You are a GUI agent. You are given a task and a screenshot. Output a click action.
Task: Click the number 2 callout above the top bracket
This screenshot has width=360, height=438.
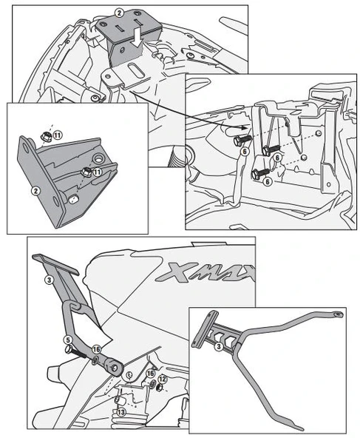[x=118, y=13]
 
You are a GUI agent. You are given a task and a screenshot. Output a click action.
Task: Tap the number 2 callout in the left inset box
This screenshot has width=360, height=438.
[x=35, y=189]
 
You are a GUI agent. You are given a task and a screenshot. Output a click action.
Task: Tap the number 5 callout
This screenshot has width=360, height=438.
[x=67, y=341]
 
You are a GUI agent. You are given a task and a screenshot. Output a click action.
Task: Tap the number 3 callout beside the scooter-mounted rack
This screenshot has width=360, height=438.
[x=49, y=280]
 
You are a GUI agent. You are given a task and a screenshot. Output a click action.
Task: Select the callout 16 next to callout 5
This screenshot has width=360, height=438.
[x=96, y=350]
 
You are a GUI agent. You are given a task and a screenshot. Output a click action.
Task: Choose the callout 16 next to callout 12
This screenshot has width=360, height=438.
[x=149, y=374]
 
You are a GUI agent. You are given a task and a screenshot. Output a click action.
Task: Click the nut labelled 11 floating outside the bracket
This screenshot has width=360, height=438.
[x=46, y=136]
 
